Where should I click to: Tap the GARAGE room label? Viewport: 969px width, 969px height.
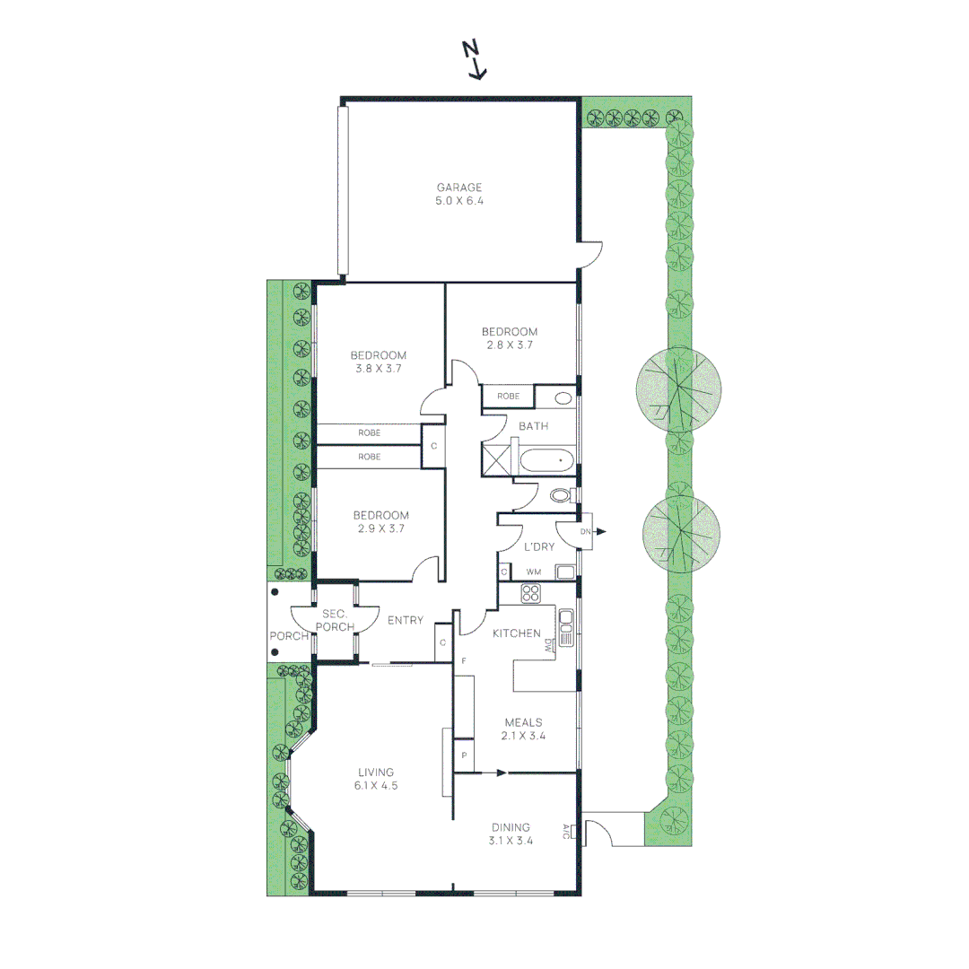click(459, 188)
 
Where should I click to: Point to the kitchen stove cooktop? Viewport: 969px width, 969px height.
click(530, 593)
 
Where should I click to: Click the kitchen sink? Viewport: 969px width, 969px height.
click(566, 628)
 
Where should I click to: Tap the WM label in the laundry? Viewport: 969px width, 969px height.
click(534, 572)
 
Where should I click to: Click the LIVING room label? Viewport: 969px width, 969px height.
click(376, 772)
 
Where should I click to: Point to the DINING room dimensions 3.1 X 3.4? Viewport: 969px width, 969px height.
click(511, 841)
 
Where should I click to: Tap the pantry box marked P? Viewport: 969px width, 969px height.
click(464, 755)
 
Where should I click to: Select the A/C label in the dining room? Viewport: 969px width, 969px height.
click(565, 831)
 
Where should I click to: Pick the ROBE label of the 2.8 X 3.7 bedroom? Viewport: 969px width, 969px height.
click(508, 396)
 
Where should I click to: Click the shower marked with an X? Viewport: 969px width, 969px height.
click(496, 458)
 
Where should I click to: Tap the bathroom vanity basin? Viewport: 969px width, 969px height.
click(563, 397)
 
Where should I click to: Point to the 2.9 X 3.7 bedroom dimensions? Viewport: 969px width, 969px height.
click(380, 528)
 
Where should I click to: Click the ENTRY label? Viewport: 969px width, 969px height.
click(405, 620)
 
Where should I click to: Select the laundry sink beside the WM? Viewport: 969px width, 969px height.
click(565, 572)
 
